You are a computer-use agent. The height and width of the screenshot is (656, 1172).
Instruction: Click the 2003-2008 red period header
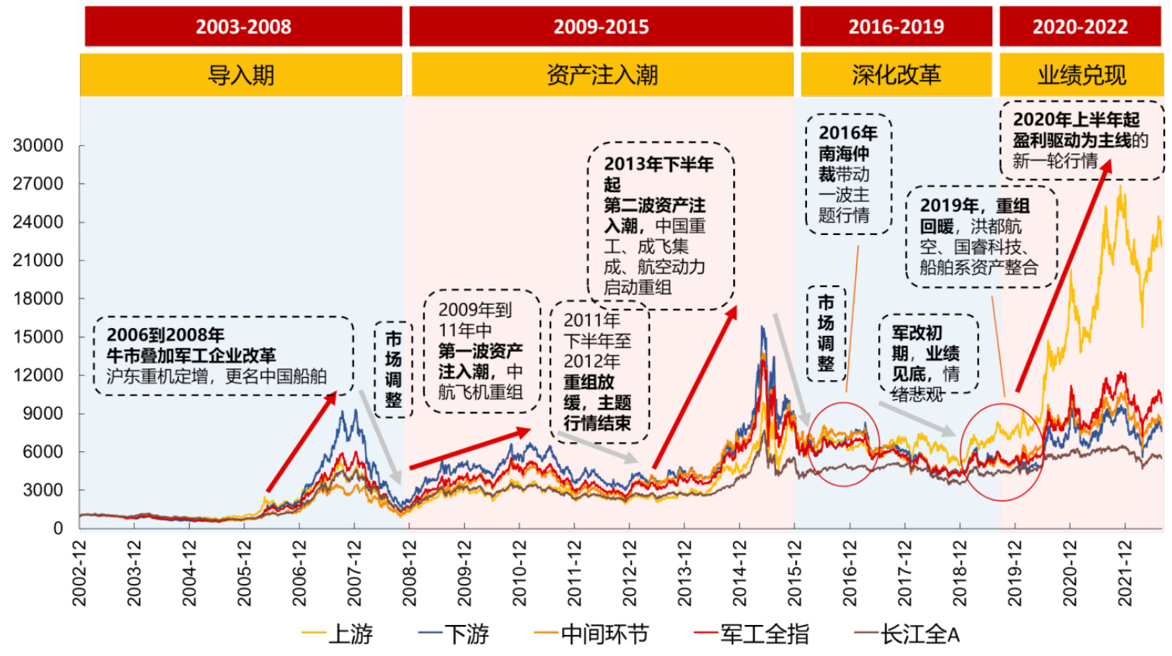pyautogui.click(x=243, y=27)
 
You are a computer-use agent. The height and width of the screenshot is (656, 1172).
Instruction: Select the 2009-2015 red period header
pyautogui.click(x=601, y=27)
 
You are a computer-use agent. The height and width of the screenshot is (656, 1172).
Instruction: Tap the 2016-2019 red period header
pyautogui.click(x=896, y=27)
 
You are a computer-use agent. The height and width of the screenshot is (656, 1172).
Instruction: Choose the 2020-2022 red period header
pyautogui.click(x=1080, y=27)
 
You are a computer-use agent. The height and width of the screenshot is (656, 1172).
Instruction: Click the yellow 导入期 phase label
pyautogui.click(x=241, y=75)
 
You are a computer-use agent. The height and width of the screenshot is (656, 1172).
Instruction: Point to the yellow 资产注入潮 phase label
pyautogui.click(x=602, y=75)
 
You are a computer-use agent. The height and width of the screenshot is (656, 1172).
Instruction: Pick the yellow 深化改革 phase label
pyautogui.click(x=896, y=75)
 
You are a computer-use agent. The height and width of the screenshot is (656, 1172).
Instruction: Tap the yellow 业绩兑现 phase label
pyautogui.click(x=1081, y=75)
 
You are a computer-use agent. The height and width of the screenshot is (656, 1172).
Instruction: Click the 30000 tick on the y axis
pyautogui.click(x=38, y=146)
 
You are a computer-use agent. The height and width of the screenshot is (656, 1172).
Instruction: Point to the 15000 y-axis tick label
pyautogui.click(x=38, y=337)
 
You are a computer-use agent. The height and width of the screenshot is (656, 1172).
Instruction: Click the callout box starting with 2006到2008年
pyautogui.click(x=223, y=356)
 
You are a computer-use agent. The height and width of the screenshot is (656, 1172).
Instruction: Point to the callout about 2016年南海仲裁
pyautogui.click(x=849, y=174)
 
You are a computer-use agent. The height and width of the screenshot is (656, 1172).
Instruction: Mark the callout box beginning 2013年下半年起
pyautogui.click(x=660, y=226)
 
